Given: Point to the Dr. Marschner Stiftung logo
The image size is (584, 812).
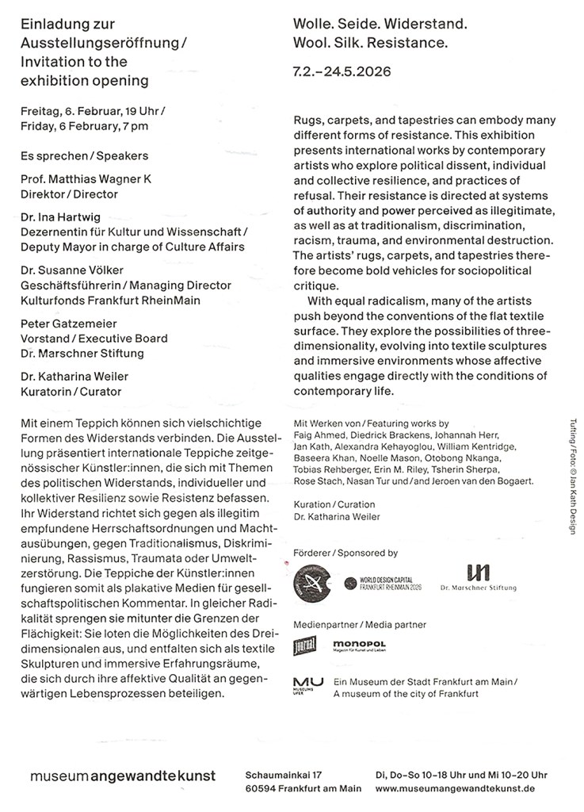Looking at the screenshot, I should pos(479,580).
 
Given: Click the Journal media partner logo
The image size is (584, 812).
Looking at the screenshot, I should pos(305,646).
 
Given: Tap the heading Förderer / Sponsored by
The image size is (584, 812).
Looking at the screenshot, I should pos(345,553).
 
